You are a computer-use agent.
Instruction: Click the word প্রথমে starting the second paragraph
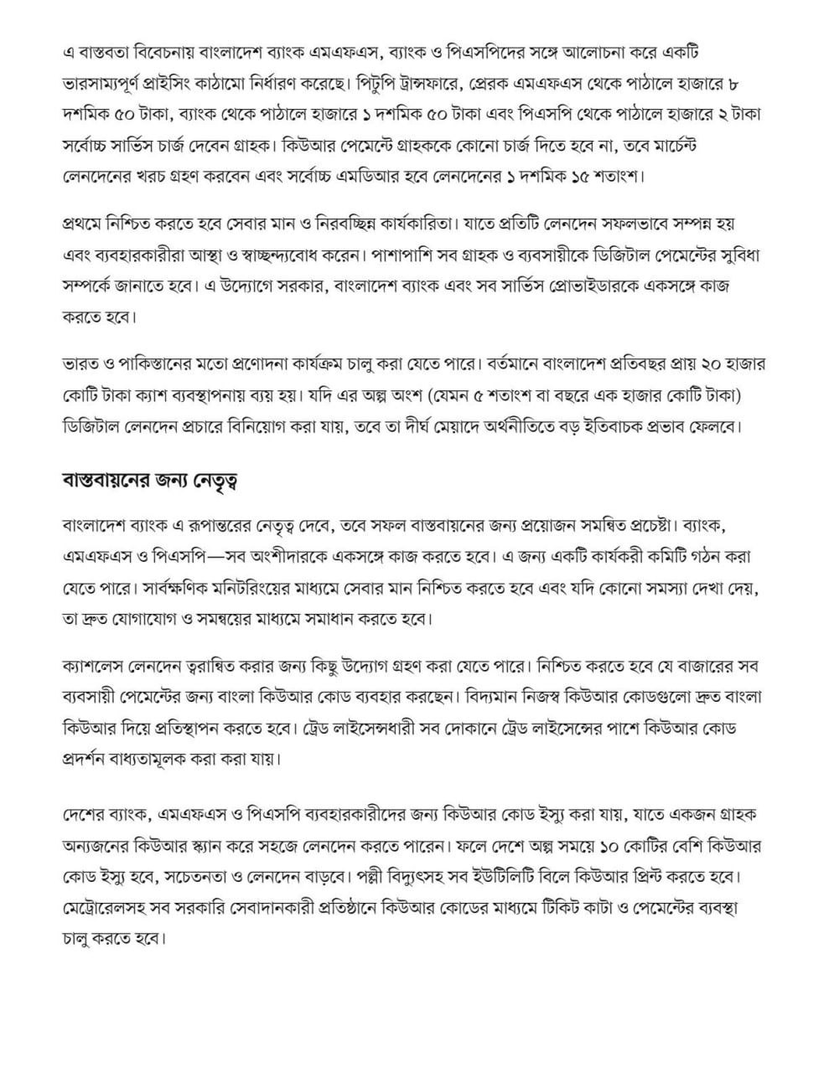pyautogui.click(x=87, y=225)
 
